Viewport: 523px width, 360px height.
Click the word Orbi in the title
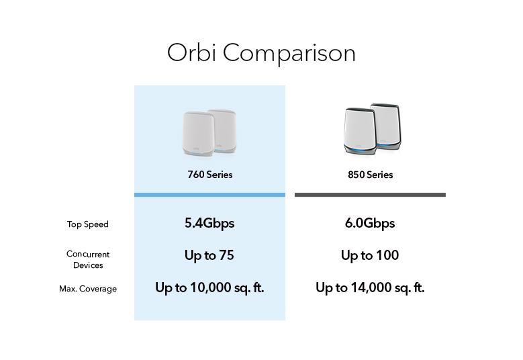pyautogui.click(x=191, y=53)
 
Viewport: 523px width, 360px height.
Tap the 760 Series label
pyautogui.click(x=209, y=175)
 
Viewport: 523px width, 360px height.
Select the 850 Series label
pyautogui.click(x=370, y=175)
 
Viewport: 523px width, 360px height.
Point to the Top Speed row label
pyautogui.click(x=87, y=224)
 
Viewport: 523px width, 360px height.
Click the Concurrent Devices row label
pyautogui.click(x=88, y=260)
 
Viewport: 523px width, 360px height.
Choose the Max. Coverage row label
pyautogui.click(x=88, y=289)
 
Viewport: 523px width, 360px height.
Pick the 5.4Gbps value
pyautogui.click(x=209, y=223)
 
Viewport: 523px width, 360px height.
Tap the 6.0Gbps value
pyautogui.click(x=370, y=223)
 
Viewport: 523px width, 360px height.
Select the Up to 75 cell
pyautogui.click(x=209, y=255)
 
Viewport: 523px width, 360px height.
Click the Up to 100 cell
pyautogui.click(x=370, y=255)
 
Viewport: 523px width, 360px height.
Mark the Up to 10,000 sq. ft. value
pyautogui.click(x=209, y=287)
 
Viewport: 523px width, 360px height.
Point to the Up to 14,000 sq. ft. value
pyautogui.click(x=370, y=287)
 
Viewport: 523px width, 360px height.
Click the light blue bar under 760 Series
pyautogui.click(x=209, y=195)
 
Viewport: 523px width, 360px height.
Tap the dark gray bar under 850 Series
pyautogui.click(x=370, y=195)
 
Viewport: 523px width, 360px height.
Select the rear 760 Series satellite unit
pyautogui.click(x=224, y=124)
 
